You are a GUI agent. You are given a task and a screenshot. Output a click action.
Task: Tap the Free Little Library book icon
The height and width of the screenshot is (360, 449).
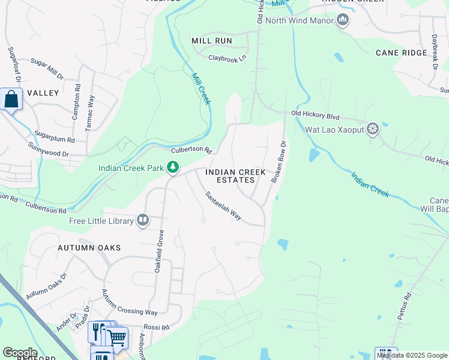pyautogui.click(x=143, y=221)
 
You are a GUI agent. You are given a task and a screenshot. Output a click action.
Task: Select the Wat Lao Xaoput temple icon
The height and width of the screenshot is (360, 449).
pyautogui.click(x=373, y=128)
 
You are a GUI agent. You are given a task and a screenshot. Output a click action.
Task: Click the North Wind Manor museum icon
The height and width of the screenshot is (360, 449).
pyautogui.click(x=343, y=20)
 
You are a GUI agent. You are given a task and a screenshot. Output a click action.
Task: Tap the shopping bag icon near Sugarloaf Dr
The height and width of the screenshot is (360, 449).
pyautogui.click(x=11, y=100)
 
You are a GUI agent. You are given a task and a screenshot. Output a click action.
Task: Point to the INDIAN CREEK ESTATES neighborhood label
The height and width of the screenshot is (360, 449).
pyautogui.click(x=235, y=176)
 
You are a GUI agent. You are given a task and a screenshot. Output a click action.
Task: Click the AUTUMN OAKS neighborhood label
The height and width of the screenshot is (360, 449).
pyautogui.click(x=89, y=248)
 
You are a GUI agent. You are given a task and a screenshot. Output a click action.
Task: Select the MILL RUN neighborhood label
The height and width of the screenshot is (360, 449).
pyautogui.click(x=211, y=41)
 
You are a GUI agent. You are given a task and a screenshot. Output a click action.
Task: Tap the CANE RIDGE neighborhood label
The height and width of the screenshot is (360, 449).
pyautogui.click(x=402, y=53)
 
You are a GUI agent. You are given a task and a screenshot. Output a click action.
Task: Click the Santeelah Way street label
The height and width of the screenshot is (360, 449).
pyautogui.click(x=223, y=206)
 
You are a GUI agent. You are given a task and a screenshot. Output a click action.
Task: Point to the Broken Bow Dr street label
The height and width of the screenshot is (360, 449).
pyautogui.click(x=277, y=161)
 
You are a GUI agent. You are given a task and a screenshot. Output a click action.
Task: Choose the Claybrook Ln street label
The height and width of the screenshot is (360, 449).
pyautogui.click(x=228, y=58)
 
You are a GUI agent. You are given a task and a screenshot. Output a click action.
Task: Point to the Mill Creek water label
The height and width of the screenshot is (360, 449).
pyautogui.click(x=201, y=89)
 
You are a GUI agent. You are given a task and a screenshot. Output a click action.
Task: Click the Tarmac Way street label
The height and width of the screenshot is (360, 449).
pyautogui.click(x=91, y=112)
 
